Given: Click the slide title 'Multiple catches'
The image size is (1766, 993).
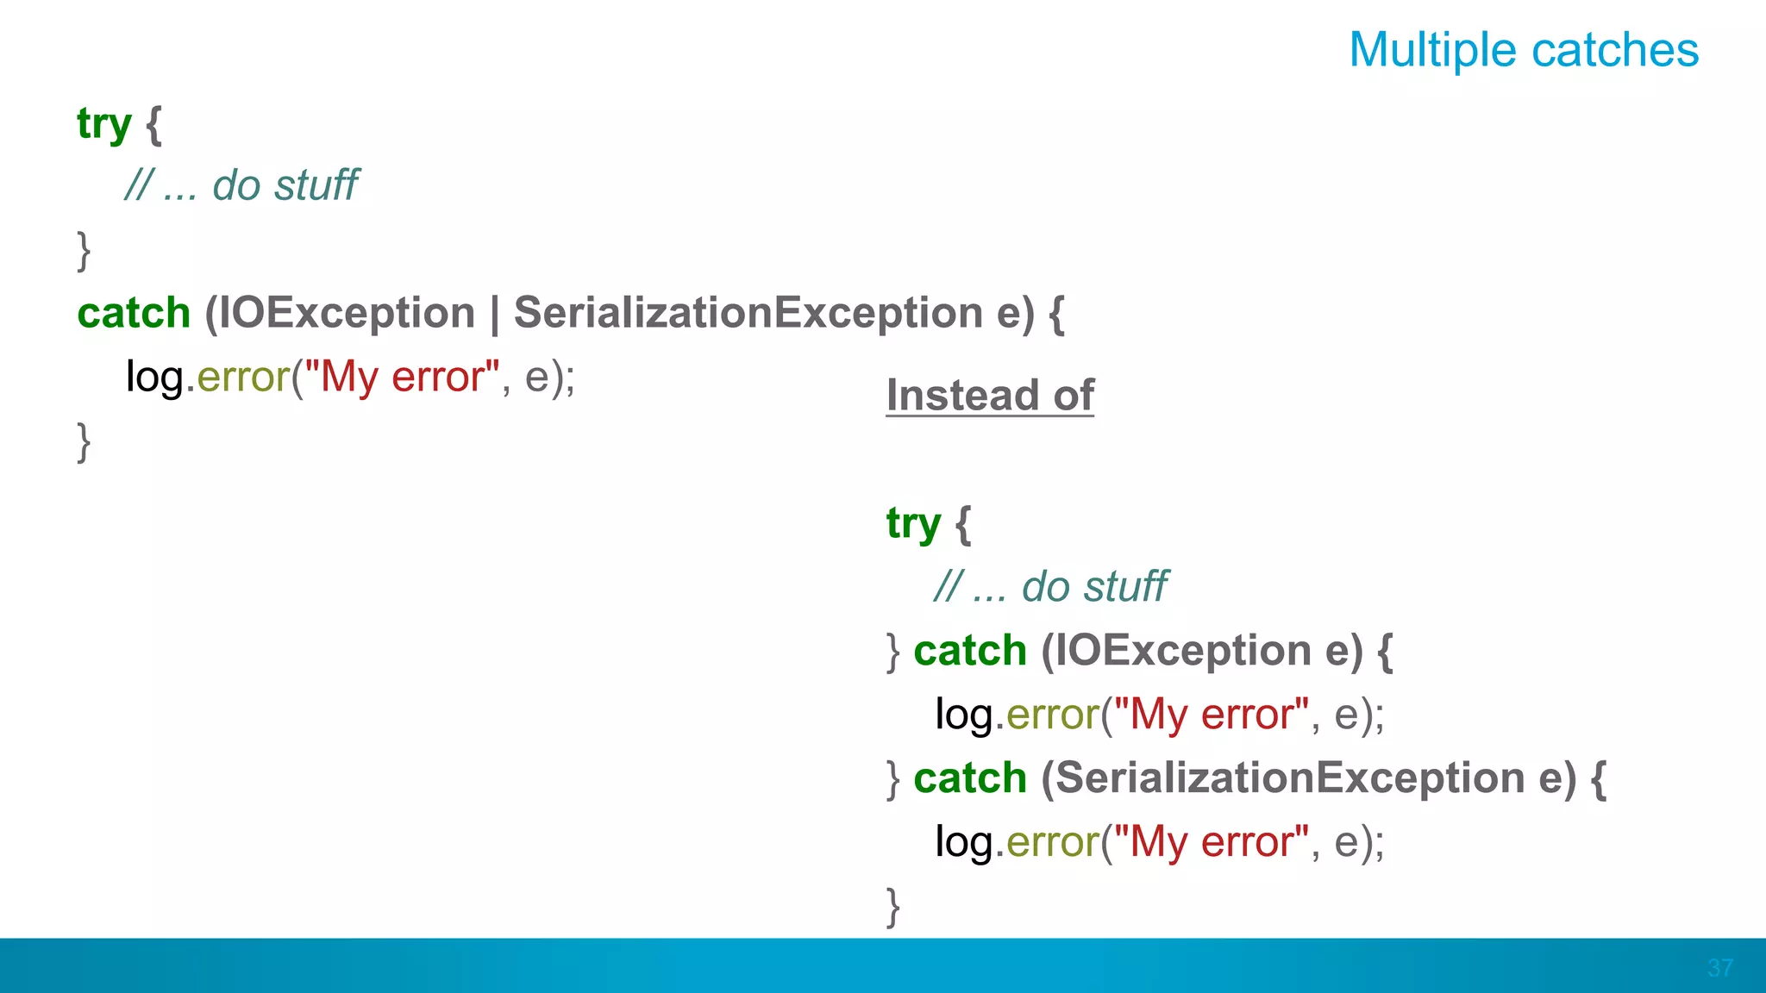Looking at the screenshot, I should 1524,50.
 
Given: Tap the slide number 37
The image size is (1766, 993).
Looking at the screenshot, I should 1719,968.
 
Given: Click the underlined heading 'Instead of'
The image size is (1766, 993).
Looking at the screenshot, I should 990,396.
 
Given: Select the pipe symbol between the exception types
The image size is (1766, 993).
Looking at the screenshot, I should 494,314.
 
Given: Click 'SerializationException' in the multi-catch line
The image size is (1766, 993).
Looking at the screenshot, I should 748,313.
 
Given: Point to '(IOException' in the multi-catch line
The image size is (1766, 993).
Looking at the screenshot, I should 340,313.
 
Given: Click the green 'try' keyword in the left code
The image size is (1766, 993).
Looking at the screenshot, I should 103,124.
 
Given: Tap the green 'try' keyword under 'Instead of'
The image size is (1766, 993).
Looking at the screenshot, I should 913,524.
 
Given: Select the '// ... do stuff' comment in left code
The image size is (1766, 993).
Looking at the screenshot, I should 241,185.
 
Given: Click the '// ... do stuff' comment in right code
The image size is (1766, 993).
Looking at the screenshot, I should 1050,587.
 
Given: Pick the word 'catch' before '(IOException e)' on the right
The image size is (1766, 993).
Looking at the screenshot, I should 970,651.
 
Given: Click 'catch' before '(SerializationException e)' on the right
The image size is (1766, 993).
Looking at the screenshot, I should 970,778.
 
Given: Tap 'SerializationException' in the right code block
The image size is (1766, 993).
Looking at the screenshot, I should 1290,778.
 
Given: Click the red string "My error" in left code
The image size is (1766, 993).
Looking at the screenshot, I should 402,377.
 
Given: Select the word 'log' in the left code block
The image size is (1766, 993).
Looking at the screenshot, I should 155,377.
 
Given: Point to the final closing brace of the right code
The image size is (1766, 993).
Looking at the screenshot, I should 893,906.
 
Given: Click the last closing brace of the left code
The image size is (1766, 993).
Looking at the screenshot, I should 84,441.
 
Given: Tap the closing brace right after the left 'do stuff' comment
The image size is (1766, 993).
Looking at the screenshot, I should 84,250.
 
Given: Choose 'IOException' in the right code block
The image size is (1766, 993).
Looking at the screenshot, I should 1183,651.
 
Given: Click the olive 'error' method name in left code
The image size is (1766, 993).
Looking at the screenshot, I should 243,377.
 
